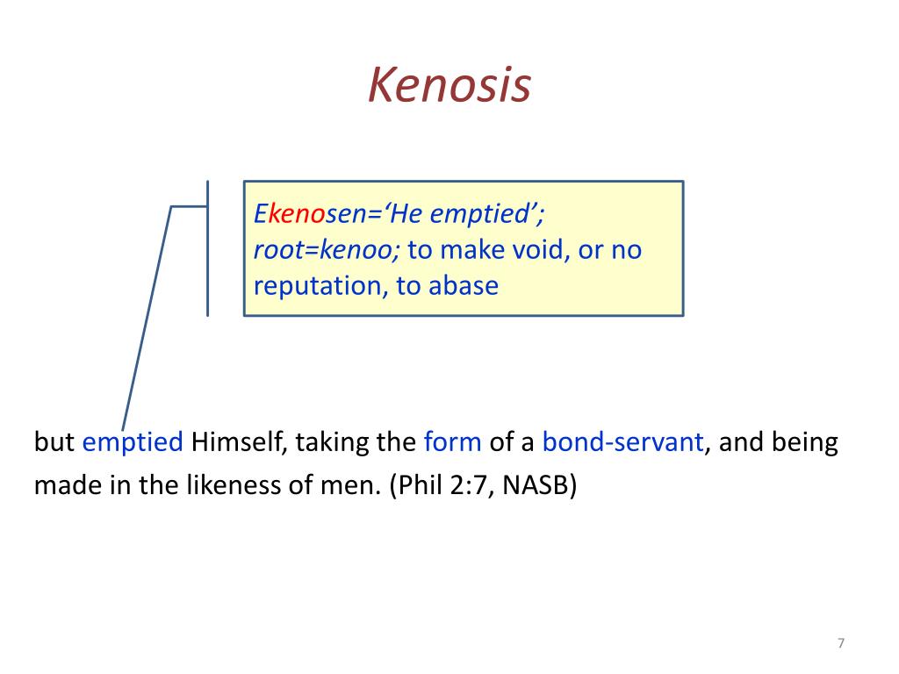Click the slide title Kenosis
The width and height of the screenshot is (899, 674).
[x=449, y=85]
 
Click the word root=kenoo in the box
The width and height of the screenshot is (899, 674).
[x=327, y=250]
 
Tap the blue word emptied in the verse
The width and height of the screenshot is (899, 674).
[x=133, y=441]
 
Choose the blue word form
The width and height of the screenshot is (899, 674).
[x=452, y=441]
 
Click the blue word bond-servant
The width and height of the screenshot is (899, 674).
[x=622, y=441]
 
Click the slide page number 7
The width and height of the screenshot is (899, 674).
[x=840, y=644]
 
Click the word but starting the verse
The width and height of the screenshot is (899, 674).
[x=54, y=441]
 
